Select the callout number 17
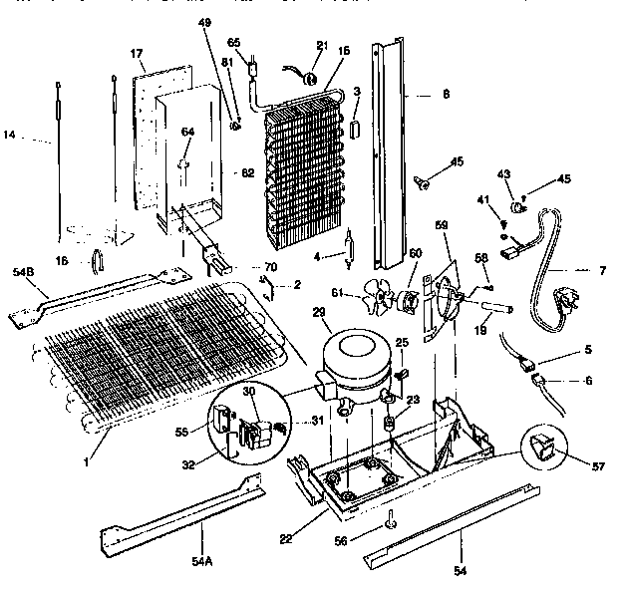tap(137, 52)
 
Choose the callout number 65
tap(234, 43)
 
